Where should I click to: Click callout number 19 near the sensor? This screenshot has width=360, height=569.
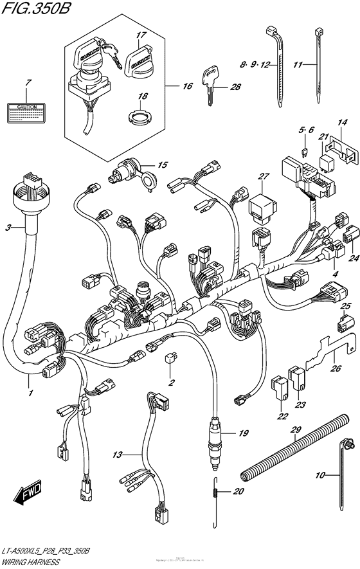coord(242,434)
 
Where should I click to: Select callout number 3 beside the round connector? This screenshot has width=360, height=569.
coord(8,228)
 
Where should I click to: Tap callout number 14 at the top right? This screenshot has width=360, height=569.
coord(343,122)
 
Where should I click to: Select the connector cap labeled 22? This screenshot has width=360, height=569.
coord(280,386)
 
